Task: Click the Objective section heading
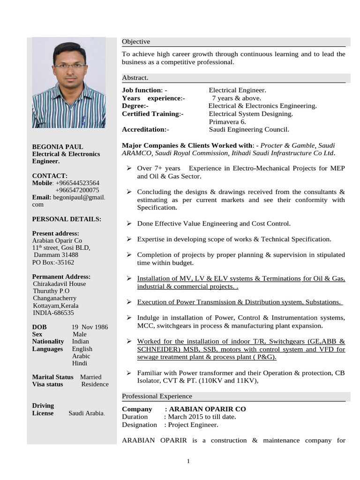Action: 136,42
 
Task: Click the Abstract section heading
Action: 135,78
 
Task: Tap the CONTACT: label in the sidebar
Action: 50,175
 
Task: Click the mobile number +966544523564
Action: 77,183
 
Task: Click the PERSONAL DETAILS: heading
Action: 67,219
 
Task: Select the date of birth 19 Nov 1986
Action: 90,327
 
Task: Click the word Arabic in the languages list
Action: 82,356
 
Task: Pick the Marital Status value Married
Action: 90,377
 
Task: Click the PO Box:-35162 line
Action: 53,262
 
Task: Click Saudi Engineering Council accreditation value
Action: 249,129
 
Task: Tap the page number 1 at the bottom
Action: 188,461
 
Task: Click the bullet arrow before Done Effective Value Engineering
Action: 128,224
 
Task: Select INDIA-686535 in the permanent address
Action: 53,313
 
